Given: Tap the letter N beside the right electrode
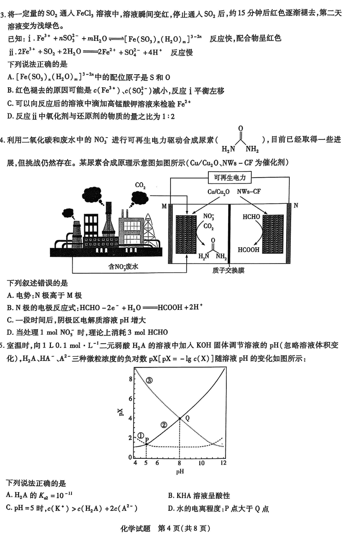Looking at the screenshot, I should (296, 206).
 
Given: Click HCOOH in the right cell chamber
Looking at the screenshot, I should (249, 250).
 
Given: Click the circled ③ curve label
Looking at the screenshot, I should (149, 380).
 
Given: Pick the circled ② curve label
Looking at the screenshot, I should (164, 424).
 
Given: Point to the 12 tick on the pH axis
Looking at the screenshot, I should (223, 463).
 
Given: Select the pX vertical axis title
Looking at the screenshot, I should (120, 412).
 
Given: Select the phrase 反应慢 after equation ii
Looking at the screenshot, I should (182, 52).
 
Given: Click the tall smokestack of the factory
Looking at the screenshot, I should (108, 223).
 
